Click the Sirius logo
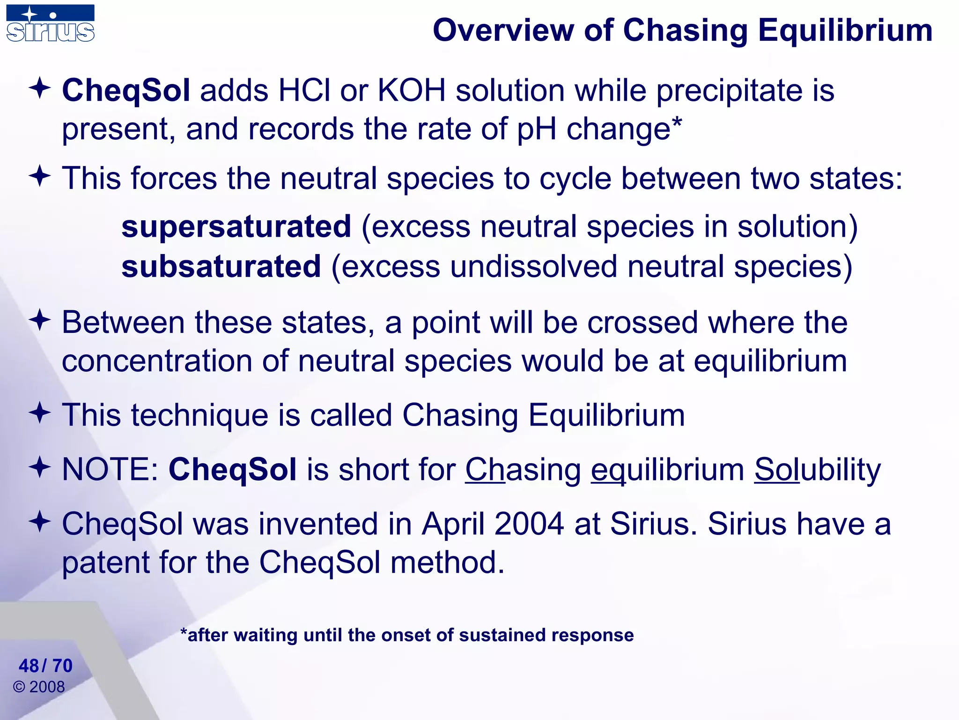point(50,23)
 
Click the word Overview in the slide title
point(503,30)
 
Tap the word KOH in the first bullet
point(411,90)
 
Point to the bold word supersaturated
point(236,227)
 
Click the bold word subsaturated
point(221,267)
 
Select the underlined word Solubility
point(817,469)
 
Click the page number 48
point(29,666)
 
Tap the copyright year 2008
point(47,687)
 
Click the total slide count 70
point(62,666)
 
